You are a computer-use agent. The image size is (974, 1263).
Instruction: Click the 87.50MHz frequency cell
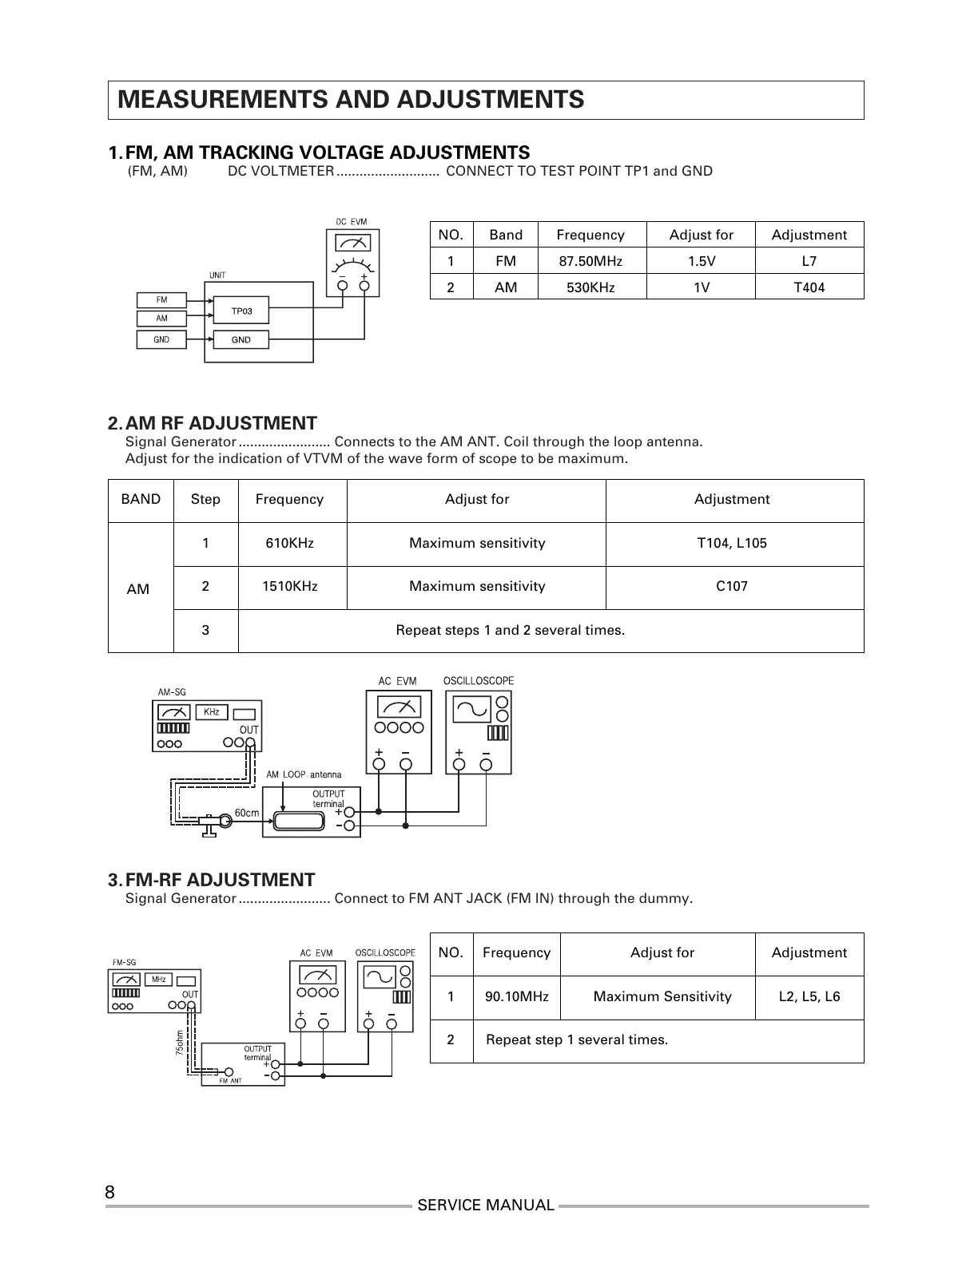[x=590, y=261]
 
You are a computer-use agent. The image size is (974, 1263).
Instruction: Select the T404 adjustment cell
[x=809, y=287]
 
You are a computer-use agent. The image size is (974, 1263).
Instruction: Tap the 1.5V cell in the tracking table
[x=701, y=261]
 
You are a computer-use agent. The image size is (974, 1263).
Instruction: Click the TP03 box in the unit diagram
[x=241, y=311]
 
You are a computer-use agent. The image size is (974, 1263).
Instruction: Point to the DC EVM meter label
[x=351, y=222]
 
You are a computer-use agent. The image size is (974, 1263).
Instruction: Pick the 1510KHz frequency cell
[x=290, y=586]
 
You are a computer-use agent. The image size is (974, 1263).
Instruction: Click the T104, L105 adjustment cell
[x=731, y=543]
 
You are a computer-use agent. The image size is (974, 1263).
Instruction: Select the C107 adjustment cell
[x=731, y=586]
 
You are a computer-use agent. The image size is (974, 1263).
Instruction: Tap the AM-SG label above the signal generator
[x=171, y=692]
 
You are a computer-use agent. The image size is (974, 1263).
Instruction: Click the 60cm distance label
[x=247, y=814]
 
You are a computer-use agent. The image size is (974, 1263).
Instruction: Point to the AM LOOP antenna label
[x=304, y=774]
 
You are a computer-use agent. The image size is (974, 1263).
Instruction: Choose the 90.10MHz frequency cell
[x=516, y=996]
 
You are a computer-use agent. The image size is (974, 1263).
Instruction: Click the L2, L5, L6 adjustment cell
[x=809, y=996]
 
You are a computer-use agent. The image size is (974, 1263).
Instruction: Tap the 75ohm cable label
[x=180, y=1043]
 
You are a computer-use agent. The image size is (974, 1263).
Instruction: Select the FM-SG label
[x=124, y=962]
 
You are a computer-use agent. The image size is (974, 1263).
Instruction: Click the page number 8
[x=109, y=1193]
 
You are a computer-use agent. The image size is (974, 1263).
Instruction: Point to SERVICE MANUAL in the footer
[x=485, y=1206]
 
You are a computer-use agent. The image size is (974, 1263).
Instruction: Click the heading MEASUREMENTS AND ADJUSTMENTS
[x=351, y=100]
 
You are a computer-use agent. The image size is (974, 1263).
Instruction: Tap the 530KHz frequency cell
[x=590, y=287]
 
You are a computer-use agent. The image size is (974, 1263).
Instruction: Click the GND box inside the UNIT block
[x=241, y=339]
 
